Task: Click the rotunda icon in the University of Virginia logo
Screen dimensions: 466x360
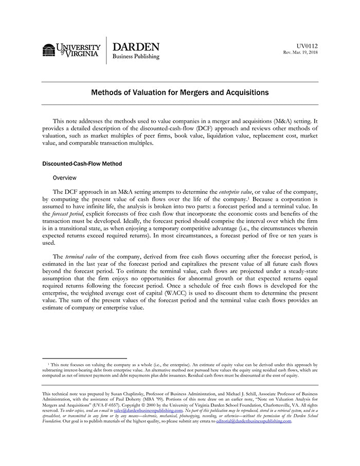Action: coord(49,50)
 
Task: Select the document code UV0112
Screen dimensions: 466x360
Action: coord(307,46)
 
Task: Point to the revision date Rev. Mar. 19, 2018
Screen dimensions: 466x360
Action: coord(300,52)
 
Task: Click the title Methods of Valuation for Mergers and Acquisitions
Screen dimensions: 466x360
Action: coord(180,93)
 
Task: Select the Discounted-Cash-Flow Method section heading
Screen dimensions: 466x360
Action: coord(82,164)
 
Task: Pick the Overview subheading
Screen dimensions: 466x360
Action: coord(64,177)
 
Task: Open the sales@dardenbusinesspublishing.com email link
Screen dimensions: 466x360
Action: coord(148,411)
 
